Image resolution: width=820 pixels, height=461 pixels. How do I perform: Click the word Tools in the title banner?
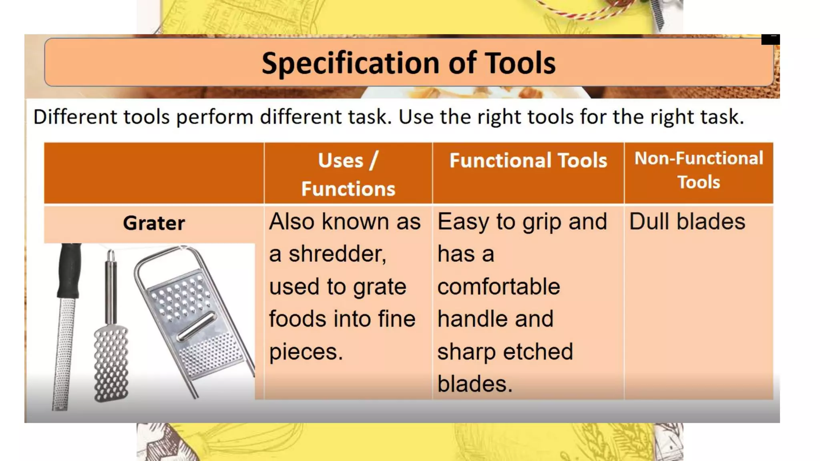pyautogui.click(x=520, y=63)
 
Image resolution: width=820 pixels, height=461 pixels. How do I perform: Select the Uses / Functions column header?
pyautogui.click(x=348, y=174)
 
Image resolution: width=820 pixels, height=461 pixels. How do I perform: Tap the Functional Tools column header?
pyautogui.click(x=528, y=160)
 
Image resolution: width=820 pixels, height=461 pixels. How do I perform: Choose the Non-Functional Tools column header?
pyautogui.click(x=699, y=170)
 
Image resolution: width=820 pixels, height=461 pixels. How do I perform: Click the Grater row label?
pyautogui.click(x=154, y=223)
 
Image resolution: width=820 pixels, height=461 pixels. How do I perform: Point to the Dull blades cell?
pyautogui.click(x=687, y=222)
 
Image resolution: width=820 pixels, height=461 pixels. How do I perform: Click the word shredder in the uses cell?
pyautogui.click(x=338, y=254)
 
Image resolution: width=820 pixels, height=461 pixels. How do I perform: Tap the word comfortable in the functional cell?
pyautogui.click(x=498, y=287)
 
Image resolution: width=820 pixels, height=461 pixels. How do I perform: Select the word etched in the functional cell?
pyautogui.click(x=538, y=352)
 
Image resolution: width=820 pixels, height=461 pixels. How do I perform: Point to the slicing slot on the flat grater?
pyautogui.click(x=196, y=326)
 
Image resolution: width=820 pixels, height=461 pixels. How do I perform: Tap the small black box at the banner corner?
pyautogui.click(x=770, y=39)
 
